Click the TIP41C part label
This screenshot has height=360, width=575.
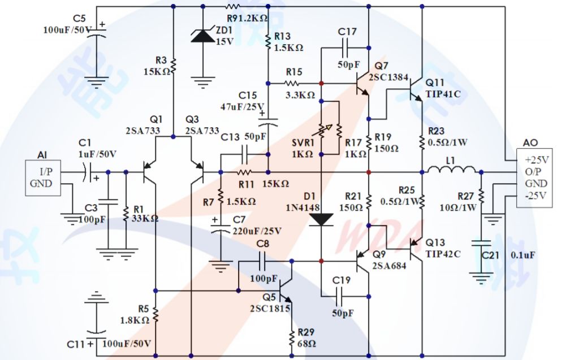click(443, 94)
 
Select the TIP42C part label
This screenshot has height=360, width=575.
click(443, 254)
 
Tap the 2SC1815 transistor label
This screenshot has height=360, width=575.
click(270, 309)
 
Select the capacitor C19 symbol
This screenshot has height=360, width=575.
click(341, 296)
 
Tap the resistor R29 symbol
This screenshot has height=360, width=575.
click(292, 339)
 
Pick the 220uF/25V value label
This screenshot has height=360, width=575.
click(257, 231)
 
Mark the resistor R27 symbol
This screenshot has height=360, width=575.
click(481, 196)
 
